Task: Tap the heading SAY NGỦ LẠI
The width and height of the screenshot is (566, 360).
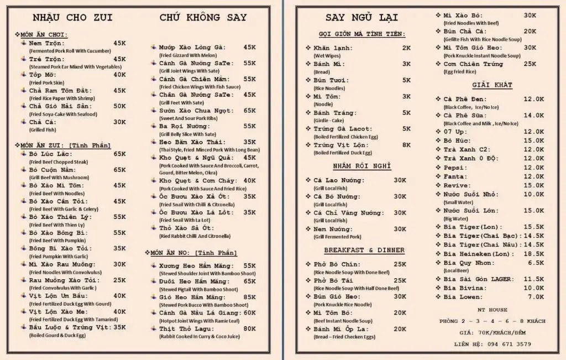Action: (361, 17)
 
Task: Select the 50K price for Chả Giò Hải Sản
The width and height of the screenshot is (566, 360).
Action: (119, 106)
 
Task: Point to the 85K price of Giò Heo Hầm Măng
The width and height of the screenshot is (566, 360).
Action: (249, 297)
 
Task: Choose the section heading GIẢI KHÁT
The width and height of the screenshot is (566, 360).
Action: (492, 85)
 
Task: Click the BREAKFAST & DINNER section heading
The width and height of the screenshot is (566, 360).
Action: (364, 250)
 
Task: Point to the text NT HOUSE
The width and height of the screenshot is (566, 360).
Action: (492, 310)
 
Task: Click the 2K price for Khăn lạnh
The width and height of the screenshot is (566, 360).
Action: (406, 48)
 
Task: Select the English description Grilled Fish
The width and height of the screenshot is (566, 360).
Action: (43, 130)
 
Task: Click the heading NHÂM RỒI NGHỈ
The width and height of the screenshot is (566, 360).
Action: (362, 166)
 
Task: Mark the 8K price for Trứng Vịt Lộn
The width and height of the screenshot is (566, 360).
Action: (406, 145)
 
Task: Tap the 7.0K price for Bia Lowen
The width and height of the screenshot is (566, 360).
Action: (536, 297)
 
